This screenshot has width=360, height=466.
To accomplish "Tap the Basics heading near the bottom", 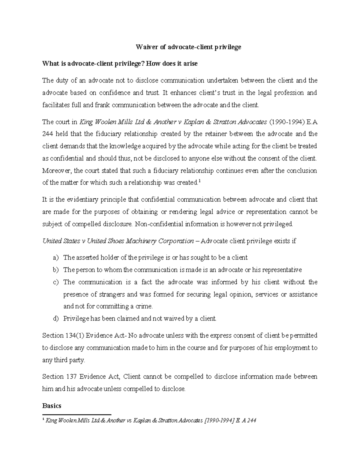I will pyautogui.click(x=52, y=406).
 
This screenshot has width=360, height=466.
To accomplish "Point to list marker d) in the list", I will pyautogui.click(x=55, y=319).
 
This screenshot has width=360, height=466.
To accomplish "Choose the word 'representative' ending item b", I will pyautogui.click(x=283, y=270).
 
